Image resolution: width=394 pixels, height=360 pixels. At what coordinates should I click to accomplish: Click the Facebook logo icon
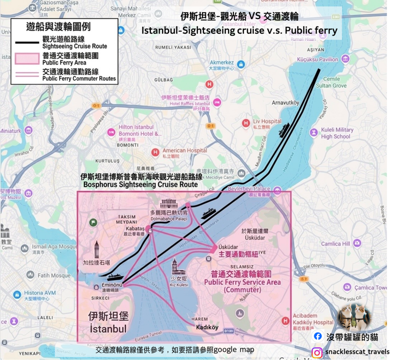coord(318,336)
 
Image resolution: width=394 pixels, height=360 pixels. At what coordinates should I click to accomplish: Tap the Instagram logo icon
coord(317,352)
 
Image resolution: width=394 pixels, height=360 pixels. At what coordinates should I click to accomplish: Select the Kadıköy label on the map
coord(207,327)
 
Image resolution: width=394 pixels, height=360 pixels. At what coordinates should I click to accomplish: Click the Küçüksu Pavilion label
coord(317,59)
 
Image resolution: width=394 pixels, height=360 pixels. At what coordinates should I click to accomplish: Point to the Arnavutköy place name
coord(285,103)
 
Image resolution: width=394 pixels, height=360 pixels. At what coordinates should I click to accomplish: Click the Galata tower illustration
coord(97,250)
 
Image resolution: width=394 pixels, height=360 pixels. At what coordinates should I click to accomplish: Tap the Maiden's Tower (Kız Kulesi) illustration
coord(176,267)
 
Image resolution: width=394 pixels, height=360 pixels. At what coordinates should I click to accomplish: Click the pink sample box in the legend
coord(27,58)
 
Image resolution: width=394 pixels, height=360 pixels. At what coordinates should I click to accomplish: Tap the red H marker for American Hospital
coord(155,152)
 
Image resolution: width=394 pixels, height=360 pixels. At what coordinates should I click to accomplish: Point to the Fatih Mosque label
coord(54,275)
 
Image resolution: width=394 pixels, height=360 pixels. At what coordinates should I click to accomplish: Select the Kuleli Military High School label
coord(337,133)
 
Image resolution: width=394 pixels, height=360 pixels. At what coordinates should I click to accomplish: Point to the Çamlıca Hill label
coord(336,243)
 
